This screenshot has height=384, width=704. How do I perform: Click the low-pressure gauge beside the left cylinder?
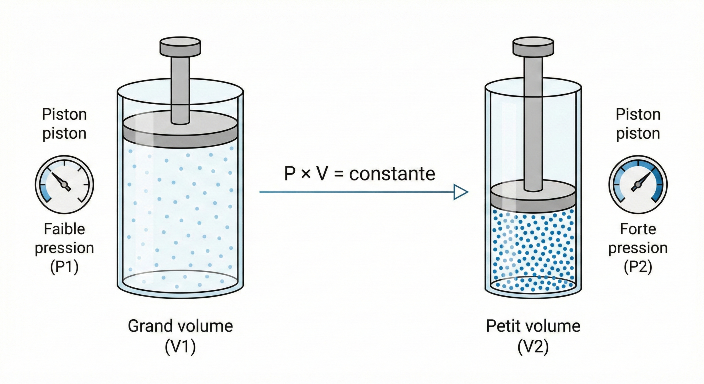[64, 185]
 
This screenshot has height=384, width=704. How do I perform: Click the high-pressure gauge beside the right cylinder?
[638, 185]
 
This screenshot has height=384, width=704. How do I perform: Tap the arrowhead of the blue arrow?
[461, 192]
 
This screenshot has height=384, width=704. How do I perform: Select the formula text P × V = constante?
[360, 174]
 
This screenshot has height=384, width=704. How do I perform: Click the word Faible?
[64, 229]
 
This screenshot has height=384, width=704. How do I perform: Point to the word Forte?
[638, 229]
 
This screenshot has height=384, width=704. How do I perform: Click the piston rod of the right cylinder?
[533, 124]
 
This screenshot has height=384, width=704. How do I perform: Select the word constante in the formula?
[392, 174]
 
